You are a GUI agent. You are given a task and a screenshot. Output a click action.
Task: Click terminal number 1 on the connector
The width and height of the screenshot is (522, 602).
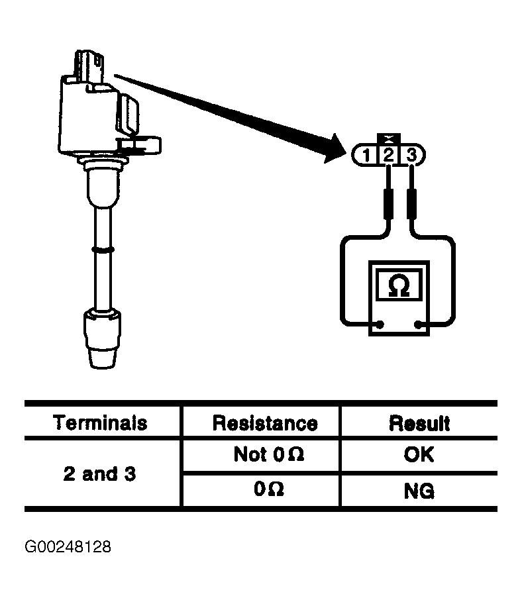(x=366, y=156)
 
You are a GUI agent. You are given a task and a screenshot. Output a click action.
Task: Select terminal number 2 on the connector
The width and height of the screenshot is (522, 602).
(x=389, y=155)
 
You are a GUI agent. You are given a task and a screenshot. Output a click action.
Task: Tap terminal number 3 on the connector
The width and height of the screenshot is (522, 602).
(x=411, y=155)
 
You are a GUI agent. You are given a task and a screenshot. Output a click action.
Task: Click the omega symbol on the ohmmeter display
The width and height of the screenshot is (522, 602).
(x=399, y=285)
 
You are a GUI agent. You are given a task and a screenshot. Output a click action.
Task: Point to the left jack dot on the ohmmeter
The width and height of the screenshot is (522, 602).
(x=380, y=325)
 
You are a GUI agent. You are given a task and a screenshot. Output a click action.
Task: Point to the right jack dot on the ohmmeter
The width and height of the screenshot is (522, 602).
(x=418, y=325)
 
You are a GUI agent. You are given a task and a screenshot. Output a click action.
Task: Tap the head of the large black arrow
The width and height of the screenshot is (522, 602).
(x=334, y=149)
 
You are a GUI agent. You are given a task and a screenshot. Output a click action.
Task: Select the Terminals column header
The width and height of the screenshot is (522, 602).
(x=100, y=423)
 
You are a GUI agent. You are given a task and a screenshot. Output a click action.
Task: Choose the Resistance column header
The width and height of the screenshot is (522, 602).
(x=265, y=423)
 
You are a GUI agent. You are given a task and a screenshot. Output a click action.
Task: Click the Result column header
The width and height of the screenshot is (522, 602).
(x=419, y=423)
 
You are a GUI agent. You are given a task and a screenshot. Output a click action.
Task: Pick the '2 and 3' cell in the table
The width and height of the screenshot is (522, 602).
(x=99, y=474)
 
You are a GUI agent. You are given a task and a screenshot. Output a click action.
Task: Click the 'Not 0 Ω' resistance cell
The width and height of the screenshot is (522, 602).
(x=269, y=454)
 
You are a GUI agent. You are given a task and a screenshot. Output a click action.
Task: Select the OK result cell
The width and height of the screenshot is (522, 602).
(x=419, y=454)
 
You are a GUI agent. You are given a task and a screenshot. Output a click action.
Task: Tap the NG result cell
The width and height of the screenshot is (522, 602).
(x=419, y=491)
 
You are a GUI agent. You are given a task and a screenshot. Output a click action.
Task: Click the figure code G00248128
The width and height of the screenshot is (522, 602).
(x=68, y=547)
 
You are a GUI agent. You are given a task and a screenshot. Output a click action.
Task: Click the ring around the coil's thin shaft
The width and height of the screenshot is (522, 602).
(x=103, y=250)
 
